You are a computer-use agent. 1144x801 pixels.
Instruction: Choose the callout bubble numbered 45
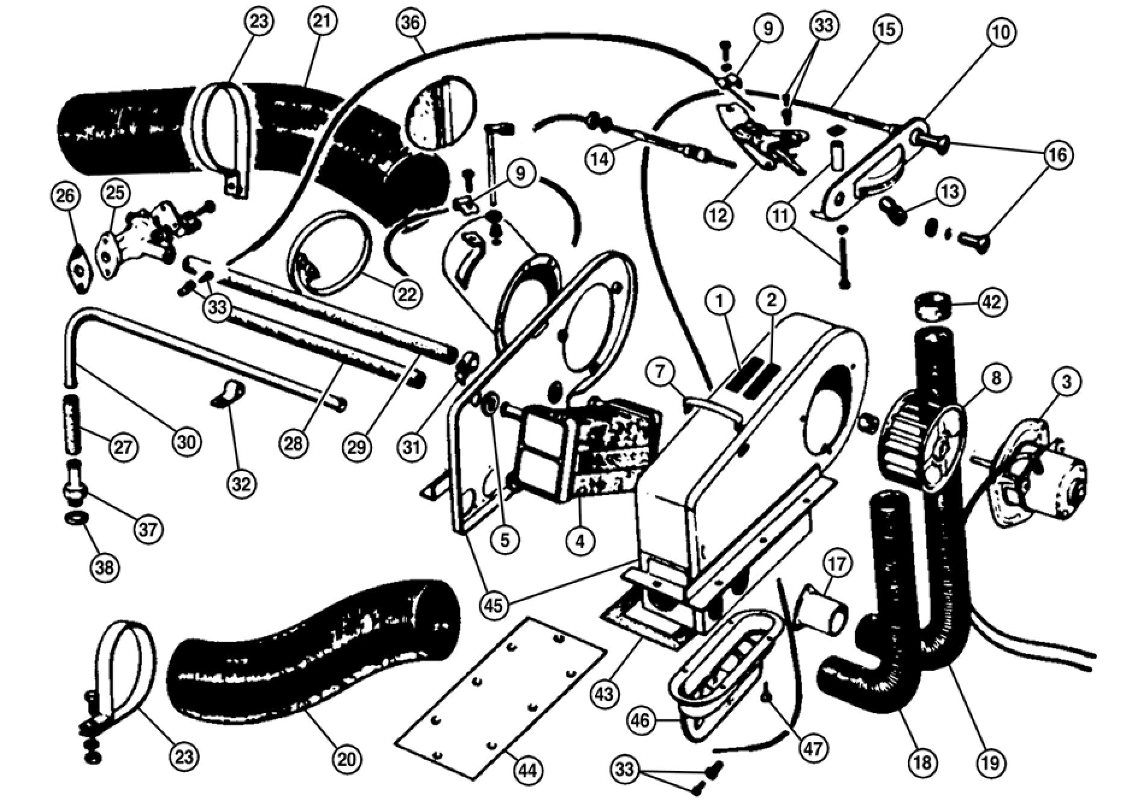[496, 604]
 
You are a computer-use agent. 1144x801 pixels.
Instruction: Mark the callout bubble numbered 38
[105, 567]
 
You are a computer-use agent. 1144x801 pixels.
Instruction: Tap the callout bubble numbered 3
[1066, 381]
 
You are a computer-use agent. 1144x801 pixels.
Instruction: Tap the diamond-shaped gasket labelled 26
[79, 268]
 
